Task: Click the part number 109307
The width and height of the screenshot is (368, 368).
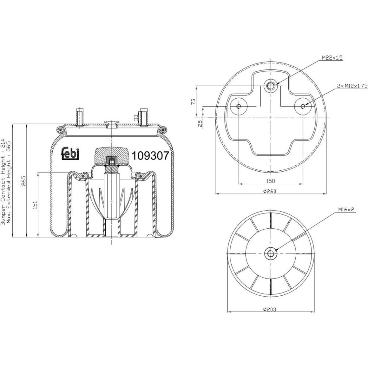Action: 150,155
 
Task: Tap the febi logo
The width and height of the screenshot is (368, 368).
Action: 70,154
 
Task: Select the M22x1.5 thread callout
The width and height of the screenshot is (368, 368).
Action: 332,58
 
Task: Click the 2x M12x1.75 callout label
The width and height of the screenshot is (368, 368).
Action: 352,86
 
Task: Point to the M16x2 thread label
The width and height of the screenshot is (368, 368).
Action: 346,209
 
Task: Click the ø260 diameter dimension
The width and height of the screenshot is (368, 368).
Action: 270,191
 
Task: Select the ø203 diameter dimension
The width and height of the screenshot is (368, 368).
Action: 270,309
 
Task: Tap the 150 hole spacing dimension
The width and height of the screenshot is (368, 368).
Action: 270,181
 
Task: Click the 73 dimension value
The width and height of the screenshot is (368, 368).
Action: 193,102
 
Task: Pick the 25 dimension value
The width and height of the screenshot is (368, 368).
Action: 200,123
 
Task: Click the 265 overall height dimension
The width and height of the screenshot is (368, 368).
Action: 23,181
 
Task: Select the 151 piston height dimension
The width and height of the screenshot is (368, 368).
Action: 35,205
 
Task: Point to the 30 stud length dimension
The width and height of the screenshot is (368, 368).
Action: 136,118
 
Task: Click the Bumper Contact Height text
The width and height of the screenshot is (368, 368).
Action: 3,182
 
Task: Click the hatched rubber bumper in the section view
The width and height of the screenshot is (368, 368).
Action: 112,155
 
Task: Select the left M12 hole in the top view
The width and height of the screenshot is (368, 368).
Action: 239,106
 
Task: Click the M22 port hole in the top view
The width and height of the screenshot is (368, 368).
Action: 271,86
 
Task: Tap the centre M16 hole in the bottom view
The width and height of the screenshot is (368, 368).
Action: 271,253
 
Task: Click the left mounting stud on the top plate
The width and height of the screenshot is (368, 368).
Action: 80,118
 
